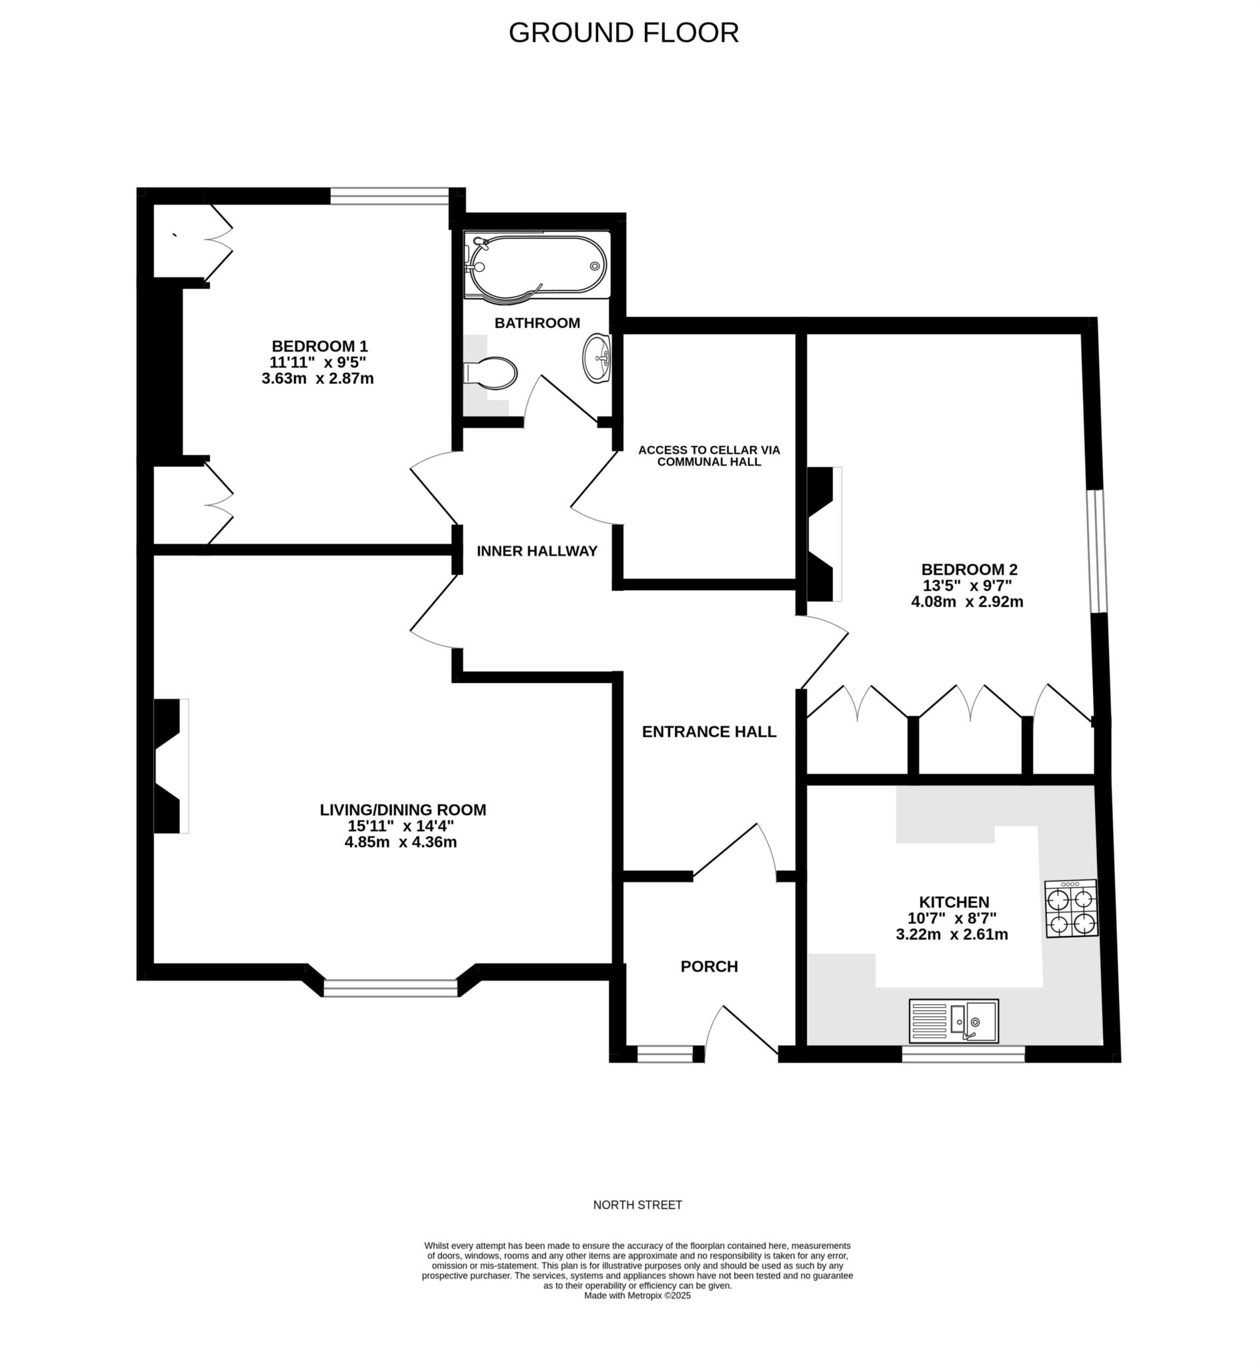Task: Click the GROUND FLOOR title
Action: pyautogui.click(x=623, y=33)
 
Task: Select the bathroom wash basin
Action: pyautogui.click(x=597, y=357)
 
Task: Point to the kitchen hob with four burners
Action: pyautogui.click(x=1072, y=909)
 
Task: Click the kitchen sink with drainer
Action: pyautogui.click(x=954, y=1020)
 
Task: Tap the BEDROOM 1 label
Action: pyautogui.click(x=319, y=346)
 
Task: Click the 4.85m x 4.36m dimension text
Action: pyautogui.click(x=401, y=842)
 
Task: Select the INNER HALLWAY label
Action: pyautogui.click(x=537, y=551)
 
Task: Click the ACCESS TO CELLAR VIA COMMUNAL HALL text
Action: pyautogui.click(x=709, y=456)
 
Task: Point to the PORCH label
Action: pyautogui.click(x=709, y=966)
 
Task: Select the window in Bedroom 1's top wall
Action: pyautogui.click(x=389, y=197)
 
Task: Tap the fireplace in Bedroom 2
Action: pyautogui.click(x=822, y=534)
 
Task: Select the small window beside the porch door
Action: pyautogui.click(x=665, y=1054)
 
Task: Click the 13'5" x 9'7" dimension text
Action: pyautogui.click(x=966, y=585)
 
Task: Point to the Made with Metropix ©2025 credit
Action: pyautogui.click(x=638, y=1296)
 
